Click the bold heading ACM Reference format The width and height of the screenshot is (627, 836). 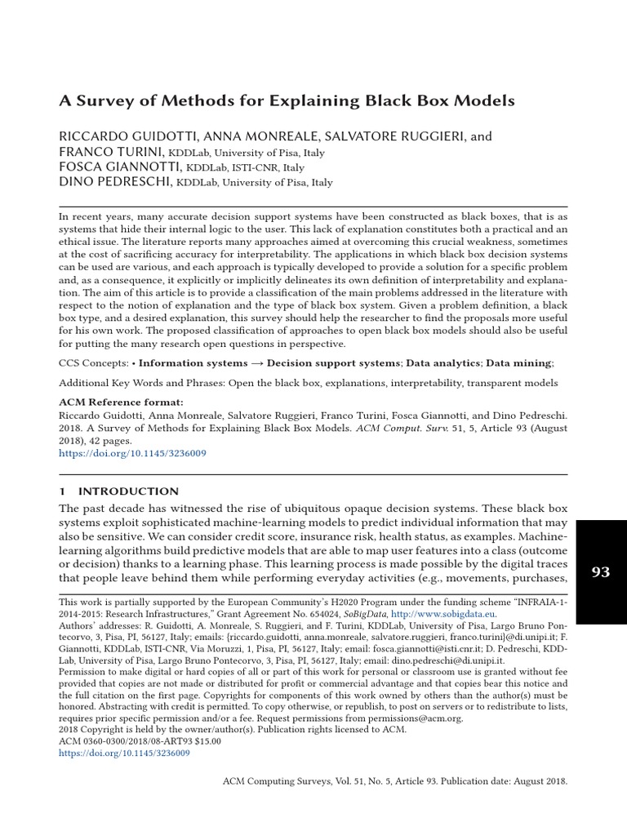pos(122,402)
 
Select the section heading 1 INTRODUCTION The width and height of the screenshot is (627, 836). pos(119,491)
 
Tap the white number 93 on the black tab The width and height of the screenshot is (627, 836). pos(600,572)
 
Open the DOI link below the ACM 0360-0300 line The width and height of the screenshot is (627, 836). pos(124,754)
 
